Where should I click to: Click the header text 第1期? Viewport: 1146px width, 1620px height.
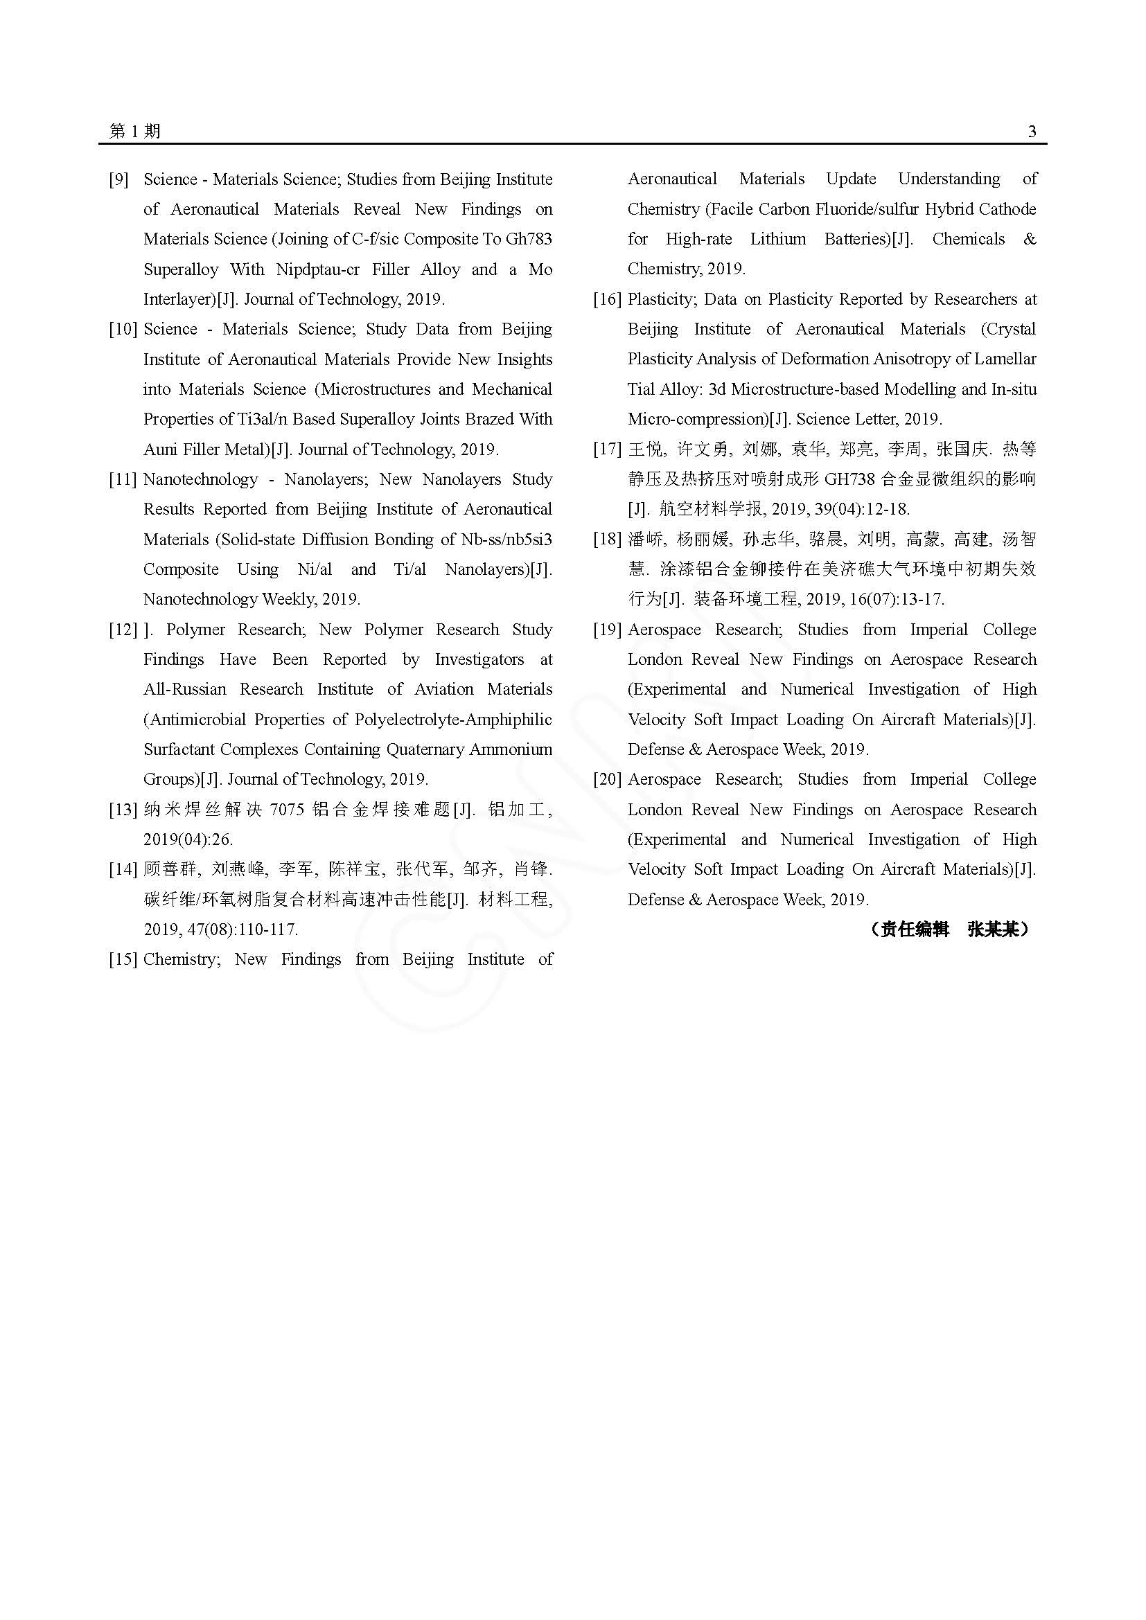coord(135,131)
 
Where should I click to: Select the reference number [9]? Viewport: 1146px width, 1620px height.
coord(118,179)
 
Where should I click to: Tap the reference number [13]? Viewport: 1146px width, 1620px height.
coord(122,809)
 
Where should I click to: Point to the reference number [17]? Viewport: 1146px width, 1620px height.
coord(607,449)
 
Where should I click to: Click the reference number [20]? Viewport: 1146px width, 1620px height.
coord(607,779)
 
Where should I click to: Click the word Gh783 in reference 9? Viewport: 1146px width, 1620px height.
coord(529,239)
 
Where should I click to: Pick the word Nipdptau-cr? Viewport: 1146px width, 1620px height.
coord(318,269)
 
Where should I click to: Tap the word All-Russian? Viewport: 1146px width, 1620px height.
coord(185,689)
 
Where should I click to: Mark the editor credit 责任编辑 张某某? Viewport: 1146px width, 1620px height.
coord(951,929)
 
